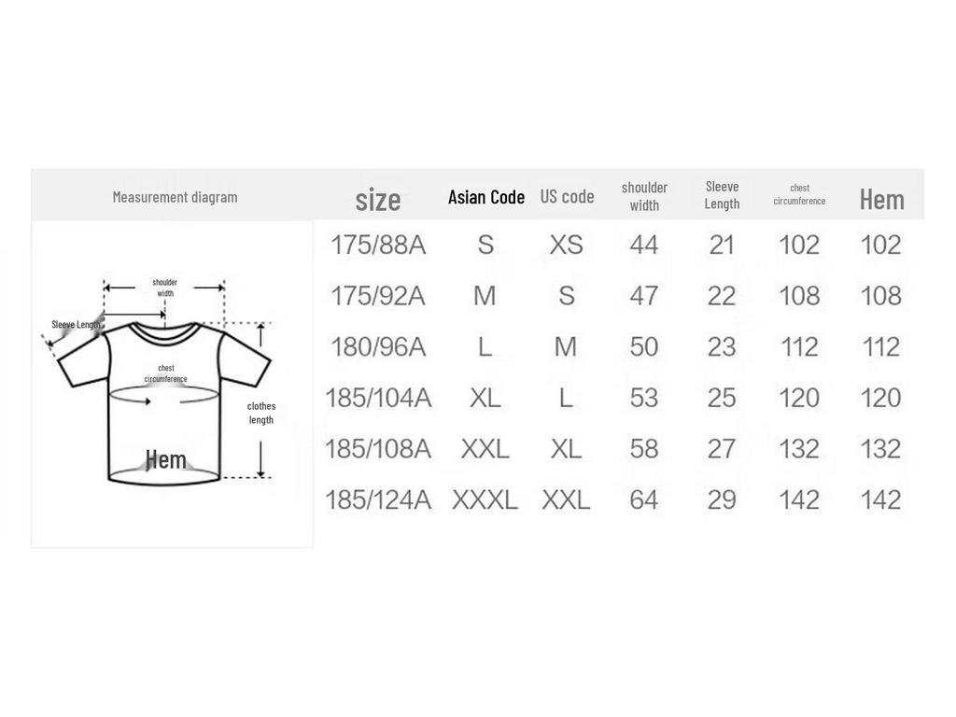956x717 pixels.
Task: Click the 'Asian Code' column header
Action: (x=485, y=197)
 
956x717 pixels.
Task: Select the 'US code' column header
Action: (x=567, y=196)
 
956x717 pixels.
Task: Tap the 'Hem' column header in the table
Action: (x=881, y=200)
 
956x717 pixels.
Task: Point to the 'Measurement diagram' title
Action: (x=175, y=197)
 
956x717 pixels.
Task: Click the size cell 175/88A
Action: (x=378, y=246)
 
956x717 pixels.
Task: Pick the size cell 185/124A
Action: (x=378, y=500)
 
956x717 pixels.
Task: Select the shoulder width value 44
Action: (x=644, y=246)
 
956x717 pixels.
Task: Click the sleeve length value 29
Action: (x=722, y=500)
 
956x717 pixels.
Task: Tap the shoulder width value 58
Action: (x=644, y=449)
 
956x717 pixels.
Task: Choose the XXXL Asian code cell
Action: (x=485, y=500)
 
